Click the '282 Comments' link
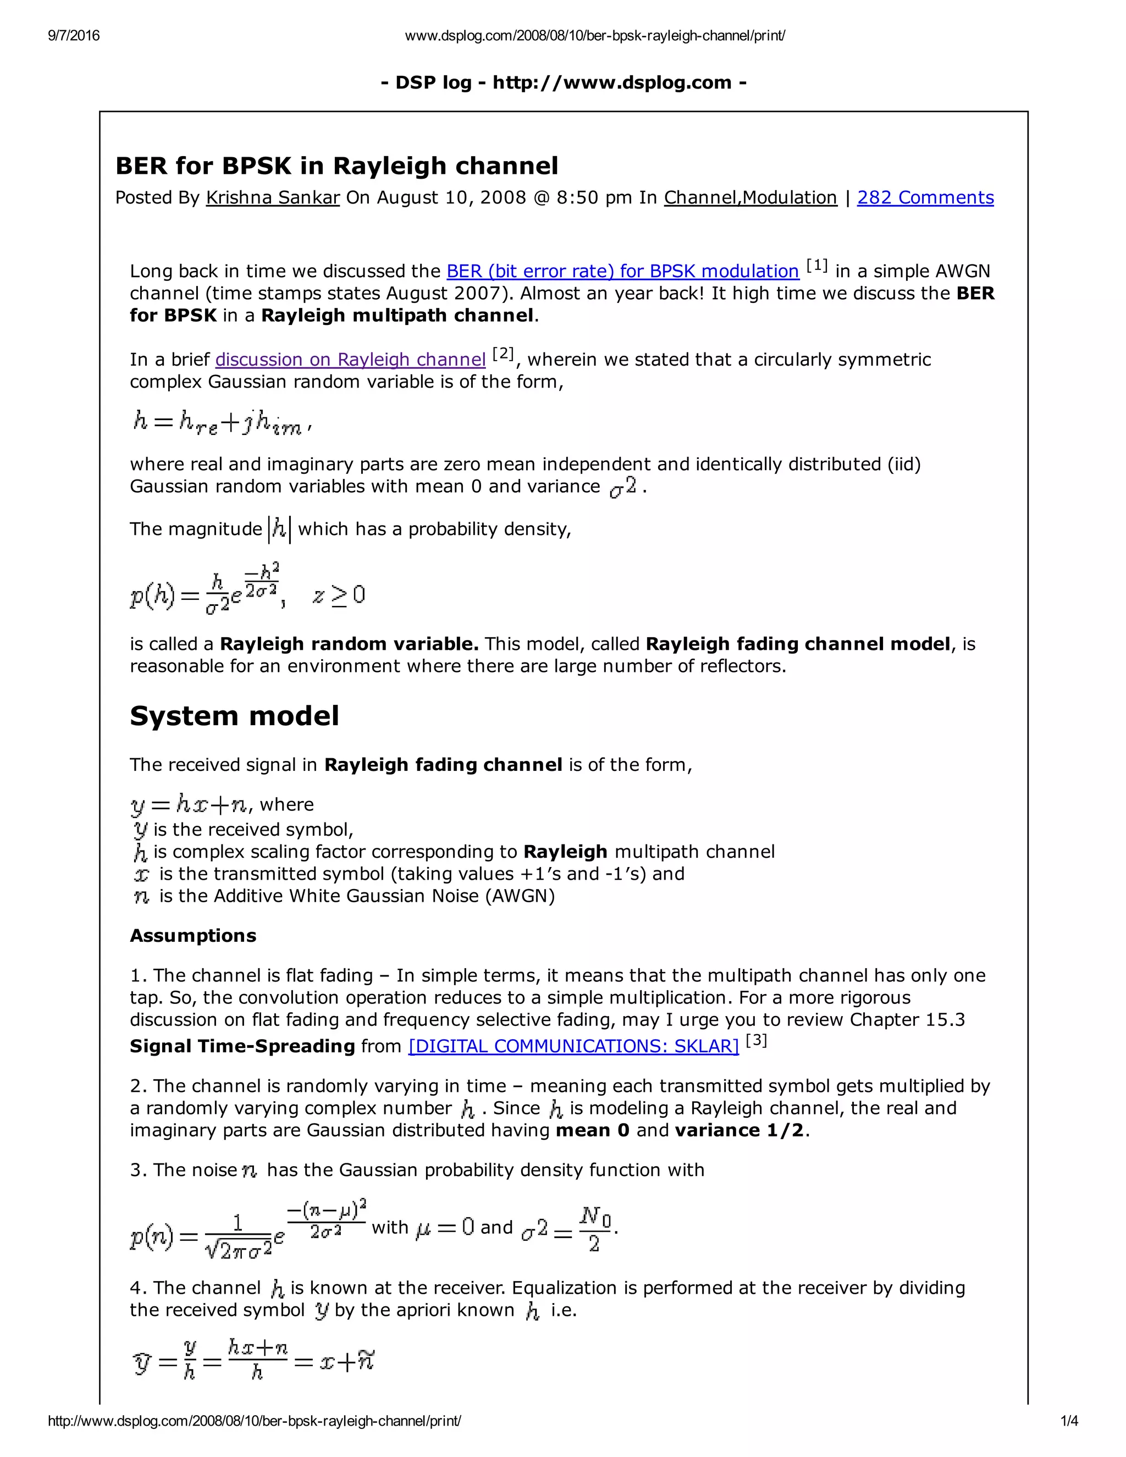pos(925,197)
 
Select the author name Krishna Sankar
pos(273,197)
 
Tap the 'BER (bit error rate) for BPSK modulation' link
pos(622,271)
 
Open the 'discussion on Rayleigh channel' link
pos(350,360)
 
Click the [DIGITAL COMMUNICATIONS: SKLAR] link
pos(573,1046)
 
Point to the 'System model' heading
pos(234,716)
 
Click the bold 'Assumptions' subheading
pos(193,935)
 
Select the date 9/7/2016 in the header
pos(73,35)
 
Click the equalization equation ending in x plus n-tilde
pos(253,1360)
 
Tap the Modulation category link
pos(790,197)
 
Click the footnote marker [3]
pos(756,1041)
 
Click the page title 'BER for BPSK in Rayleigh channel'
pos(336,165)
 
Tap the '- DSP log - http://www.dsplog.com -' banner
pos(563,82)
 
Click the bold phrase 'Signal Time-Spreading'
pos(242,1046)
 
